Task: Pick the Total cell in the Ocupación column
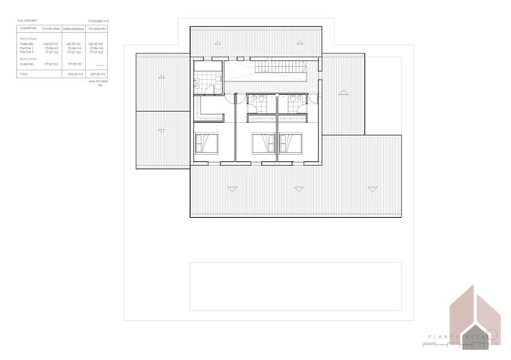click(x=97, y=74)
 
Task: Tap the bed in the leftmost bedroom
click(x=206, y=144)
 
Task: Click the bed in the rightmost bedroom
click(x=291, y=144)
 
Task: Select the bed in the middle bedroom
click(x=263, y=144)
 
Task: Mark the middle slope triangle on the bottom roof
click(x=301, y=188)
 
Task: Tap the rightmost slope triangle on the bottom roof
click(x=371, y=188)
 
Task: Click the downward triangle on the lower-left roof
click(x=164, y=129)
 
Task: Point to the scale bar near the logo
click(x=435, y=345)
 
